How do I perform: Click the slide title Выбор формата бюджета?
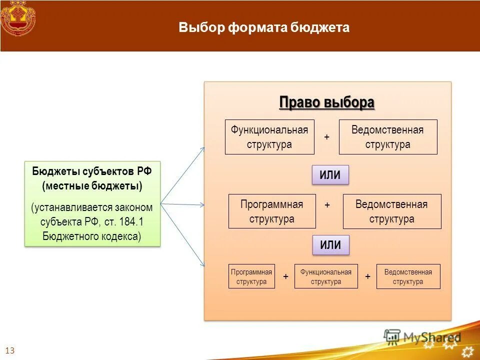(264, 27)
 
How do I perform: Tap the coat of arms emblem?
(18, 18)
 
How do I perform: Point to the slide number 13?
(10, 350)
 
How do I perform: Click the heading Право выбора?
(326, 102)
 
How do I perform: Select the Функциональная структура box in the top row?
(269, 137)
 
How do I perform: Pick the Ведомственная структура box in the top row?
(387, 137)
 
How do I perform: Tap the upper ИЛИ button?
(330, 175)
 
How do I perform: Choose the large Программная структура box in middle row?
(272, 211)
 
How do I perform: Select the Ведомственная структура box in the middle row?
(391, 211)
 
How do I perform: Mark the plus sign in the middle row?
(327, 205)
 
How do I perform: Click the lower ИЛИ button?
(330, 245)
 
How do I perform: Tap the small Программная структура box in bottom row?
(251, 276)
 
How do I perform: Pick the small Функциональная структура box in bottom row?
(326, 276)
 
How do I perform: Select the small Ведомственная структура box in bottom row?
(408, 276)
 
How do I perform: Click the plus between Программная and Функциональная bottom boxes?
(285, 276)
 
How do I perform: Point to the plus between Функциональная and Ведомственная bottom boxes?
(367, 276)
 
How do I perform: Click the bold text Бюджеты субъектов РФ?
(92, 171)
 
